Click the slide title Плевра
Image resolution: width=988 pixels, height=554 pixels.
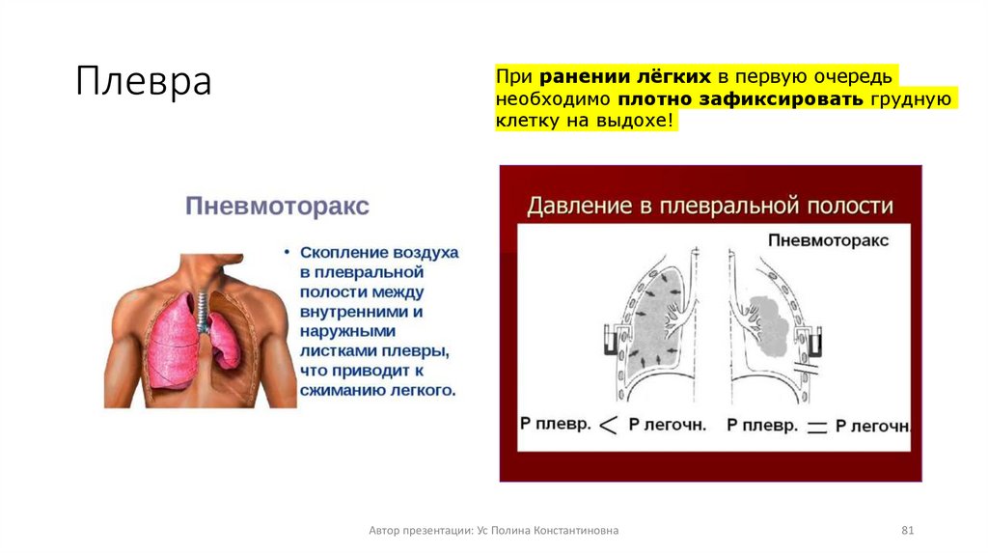[144, 81]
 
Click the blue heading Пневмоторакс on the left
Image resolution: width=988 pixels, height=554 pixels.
[277, 207]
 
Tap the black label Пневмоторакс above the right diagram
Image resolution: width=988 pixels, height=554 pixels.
[828, 240]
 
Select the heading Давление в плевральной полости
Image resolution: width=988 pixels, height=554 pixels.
[709, 206]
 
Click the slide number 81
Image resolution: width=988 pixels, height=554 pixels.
[906, 531]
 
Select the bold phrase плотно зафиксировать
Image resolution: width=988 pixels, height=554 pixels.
[741, 99]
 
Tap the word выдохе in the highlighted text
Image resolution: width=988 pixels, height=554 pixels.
[638, 123]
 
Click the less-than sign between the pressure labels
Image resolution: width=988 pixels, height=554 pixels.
[608, 425]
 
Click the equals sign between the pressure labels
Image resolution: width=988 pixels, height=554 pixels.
[816, 426]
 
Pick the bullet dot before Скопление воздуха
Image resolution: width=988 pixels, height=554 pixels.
[287, 251]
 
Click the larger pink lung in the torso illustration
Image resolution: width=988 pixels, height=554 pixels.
[172, 338]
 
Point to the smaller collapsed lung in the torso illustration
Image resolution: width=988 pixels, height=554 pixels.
[225, 344]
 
